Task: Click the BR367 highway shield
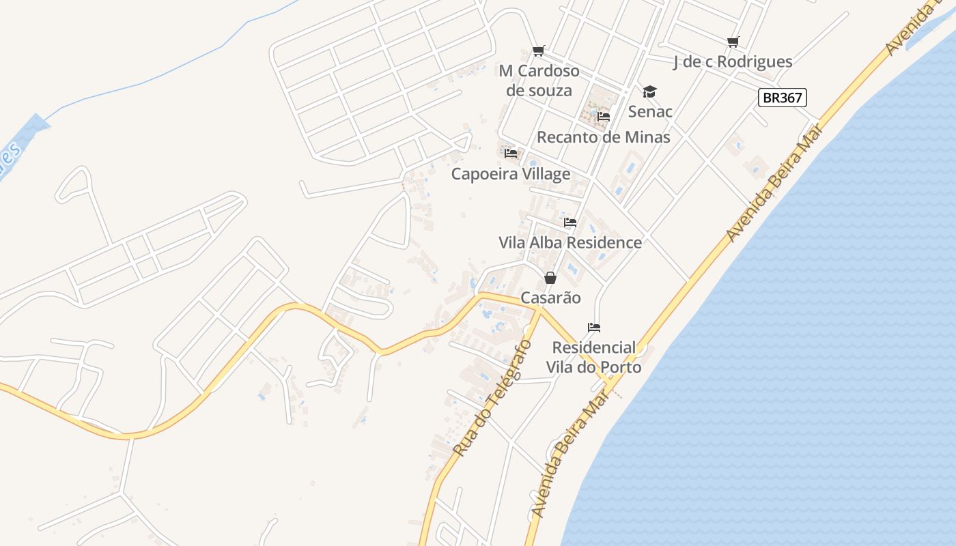pos(782,98)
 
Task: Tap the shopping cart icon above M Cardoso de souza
pos(538,51)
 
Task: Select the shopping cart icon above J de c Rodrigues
pos(733,42)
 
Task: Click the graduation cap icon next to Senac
pos(649,91)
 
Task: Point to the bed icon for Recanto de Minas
pos(603,117)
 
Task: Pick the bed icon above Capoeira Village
pos(510,154)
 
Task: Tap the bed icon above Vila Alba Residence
pos(570,222)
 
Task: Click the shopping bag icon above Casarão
pos(550,278)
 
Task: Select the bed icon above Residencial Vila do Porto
pos(593,328)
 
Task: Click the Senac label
pos(650,111)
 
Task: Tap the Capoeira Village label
pos(510,174)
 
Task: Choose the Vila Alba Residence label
pos(570,242)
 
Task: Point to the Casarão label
pos(550,298)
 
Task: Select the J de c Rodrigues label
pos(733,61)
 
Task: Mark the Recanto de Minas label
pos(603,136)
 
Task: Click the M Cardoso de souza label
pos(539,81)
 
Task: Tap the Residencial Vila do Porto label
pos(593,357)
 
